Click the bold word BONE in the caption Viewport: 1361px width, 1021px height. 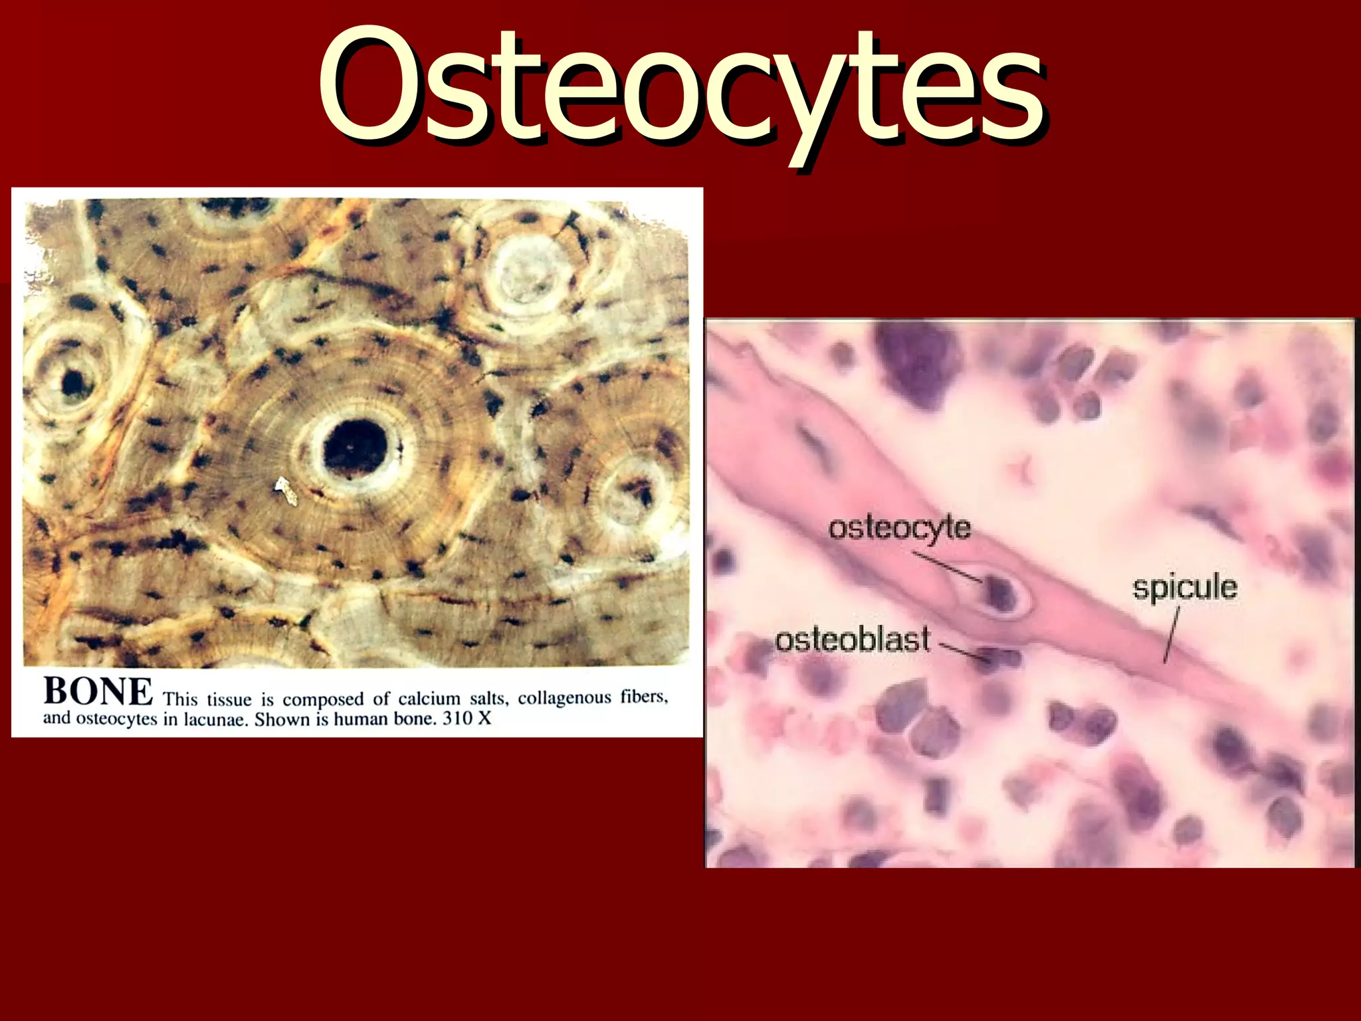coord(98,692)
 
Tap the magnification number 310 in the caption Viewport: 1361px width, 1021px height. coord(457,719)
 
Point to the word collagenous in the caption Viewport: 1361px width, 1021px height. coord(564,698)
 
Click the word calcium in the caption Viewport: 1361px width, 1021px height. coord(429,699)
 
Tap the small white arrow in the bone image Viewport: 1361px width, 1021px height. coord(286,491)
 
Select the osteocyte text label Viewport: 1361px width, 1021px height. coord(899,529)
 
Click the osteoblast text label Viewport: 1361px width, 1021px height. coord(853,640)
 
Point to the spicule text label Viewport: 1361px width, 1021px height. coord(1185,588)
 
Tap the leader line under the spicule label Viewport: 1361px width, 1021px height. coord(1172,635)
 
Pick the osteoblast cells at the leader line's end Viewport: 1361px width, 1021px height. coord(997,659)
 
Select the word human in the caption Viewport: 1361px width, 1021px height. coord(363,719)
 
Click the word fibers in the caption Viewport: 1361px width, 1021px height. coord(644,697)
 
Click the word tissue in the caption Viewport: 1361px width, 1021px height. coord(229,700)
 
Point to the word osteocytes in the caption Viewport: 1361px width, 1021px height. coord(117,720)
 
